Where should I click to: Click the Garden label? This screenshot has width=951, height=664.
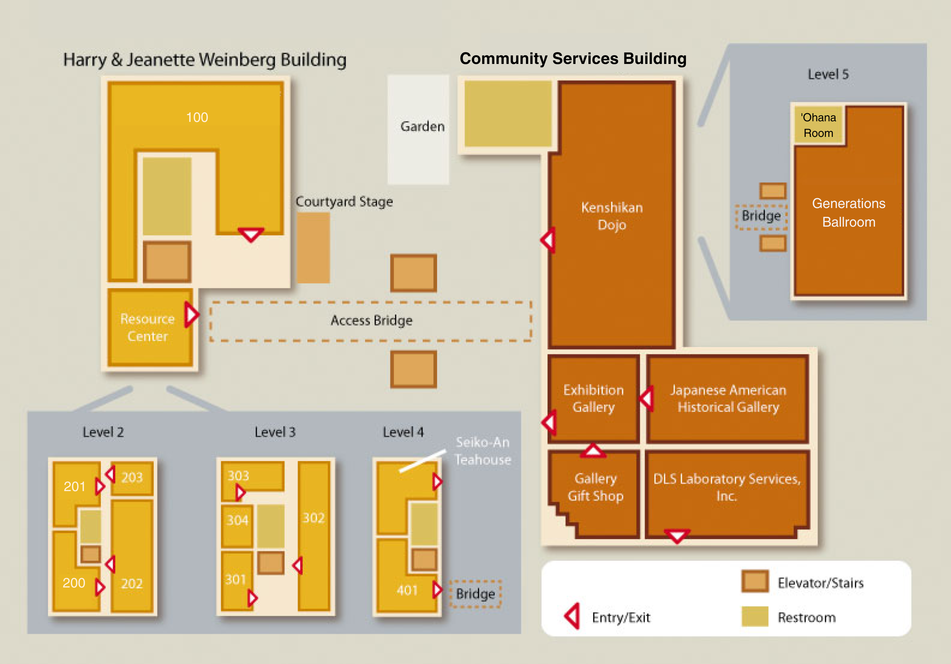422,126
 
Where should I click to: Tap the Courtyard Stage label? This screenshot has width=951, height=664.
344,202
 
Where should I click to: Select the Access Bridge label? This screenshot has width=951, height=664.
371,320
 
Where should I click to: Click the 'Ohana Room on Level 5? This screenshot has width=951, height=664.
818,125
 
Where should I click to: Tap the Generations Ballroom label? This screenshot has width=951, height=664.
848,213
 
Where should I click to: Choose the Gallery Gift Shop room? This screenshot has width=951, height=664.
595,487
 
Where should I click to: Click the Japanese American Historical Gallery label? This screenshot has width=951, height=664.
728,398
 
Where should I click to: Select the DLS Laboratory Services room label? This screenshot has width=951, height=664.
726,487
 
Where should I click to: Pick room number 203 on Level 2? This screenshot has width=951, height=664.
132,478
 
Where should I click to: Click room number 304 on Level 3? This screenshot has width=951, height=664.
237,520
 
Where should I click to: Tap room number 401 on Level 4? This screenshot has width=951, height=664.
407,590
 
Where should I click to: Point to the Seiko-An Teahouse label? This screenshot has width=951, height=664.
482,451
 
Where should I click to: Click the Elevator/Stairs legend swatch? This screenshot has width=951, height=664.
755,581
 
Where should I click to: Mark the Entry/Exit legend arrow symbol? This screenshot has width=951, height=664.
572,616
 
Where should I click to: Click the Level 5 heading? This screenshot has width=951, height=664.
828,74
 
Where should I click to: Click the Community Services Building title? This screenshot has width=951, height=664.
573,59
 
